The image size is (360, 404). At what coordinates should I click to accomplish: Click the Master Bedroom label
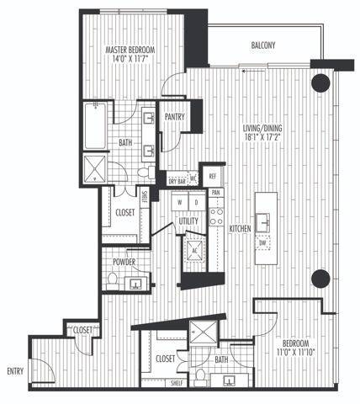click(128, 50)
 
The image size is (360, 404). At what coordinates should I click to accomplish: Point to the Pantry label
click(175, 118)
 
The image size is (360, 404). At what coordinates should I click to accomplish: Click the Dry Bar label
click(177, 180)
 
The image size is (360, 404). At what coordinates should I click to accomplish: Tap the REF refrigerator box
click(212, 176)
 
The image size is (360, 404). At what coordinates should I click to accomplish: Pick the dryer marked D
click(195, 203)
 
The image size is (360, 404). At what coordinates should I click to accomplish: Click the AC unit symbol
click(193, 249)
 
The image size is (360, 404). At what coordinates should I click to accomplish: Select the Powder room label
click(124, 262)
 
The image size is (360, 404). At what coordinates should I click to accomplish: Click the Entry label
click(15, 370)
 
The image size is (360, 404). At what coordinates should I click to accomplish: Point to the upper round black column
click(320, 82)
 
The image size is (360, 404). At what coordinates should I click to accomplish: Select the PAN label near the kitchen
click(216, 192)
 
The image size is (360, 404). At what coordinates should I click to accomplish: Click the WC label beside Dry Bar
click(193, 178)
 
